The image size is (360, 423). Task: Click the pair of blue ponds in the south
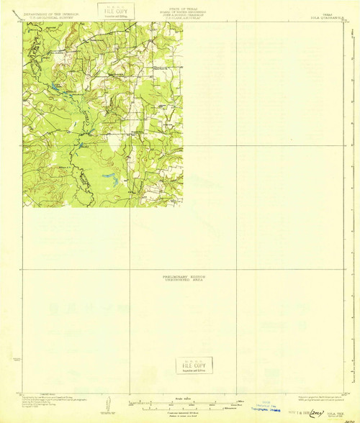coord(108,176)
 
